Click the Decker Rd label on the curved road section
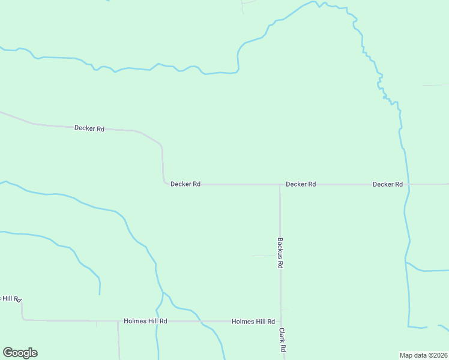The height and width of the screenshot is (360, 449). [89, 128]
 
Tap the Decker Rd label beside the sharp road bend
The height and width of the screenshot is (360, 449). [185, 184]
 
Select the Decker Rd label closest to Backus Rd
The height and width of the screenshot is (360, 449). [301, 184]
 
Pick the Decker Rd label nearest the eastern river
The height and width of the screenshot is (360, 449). [387, 184]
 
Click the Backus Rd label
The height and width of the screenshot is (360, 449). [280, 253]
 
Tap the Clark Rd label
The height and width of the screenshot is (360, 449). [282, 340]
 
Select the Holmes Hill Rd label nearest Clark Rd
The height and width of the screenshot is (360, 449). [253, 322]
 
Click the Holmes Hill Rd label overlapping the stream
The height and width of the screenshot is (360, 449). [145, 322]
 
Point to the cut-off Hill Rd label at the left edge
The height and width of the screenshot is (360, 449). [11, 298]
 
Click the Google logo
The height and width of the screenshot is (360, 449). [20, 353]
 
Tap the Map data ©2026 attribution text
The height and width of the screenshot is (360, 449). [423, 355]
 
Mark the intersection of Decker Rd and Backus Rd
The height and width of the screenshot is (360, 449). [280, 185]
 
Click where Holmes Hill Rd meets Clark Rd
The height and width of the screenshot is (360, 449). [281, 322]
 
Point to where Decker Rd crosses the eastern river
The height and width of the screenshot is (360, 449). [408, 184]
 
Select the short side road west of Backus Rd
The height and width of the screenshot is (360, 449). [263, 256]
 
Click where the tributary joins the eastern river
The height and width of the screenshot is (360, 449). [406, 263]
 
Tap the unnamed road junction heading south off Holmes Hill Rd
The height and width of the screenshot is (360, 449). [118, 322]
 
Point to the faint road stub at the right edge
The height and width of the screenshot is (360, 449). [435, 85]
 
